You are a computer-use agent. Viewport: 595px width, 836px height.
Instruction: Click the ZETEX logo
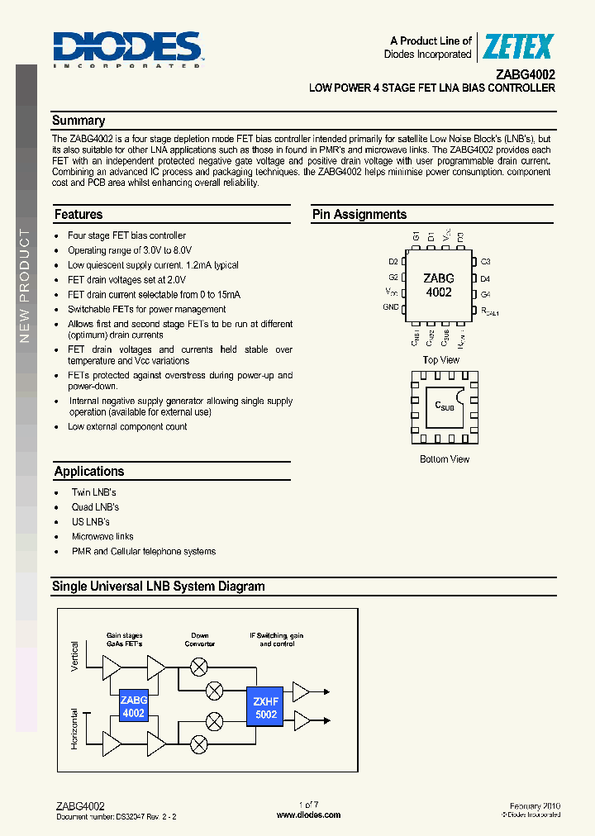tap(517, 47)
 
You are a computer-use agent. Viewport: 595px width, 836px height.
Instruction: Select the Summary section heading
tap(79, 121)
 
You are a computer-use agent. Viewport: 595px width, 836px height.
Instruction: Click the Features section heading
tap(79, 215)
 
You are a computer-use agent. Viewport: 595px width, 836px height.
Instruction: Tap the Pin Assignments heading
tap(359, 215)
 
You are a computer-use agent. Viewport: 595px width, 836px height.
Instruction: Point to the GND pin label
tap(391, 307)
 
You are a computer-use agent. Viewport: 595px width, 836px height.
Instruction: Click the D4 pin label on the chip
tap(486, 279)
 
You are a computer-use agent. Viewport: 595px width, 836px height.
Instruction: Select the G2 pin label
tap(393, 278)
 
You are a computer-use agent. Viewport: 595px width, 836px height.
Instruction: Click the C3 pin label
tap(486, 262)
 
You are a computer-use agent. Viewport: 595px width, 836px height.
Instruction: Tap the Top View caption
tap(440, 360)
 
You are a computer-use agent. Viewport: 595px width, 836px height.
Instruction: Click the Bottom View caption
tap(445, 459)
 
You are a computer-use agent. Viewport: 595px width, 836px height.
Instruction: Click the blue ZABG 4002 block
tap(133, 706)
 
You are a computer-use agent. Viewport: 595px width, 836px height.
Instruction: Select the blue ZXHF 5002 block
tap(266, 708)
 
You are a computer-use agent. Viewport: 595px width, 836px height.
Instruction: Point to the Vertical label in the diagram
tap(75, 657)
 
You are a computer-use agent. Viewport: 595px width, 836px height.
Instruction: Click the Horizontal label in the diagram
tap(75, 728)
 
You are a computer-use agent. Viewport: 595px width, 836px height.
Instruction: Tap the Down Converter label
tap(200, 639)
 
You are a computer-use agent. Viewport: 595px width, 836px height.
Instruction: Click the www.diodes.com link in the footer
tap(308, 815)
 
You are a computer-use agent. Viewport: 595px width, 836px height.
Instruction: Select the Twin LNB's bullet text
tap(94, 492)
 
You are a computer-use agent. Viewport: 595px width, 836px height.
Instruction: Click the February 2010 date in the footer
tap(534, 805)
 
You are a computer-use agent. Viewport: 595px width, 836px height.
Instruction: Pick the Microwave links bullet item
tap(102, 537)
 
